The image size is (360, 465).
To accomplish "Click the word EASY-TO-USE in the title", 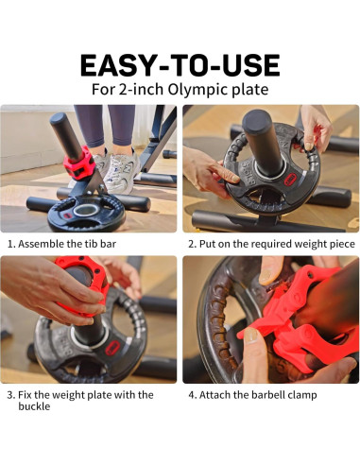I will (x=180, y=65).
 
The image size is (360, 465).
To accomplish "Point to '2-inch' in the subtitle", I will (x=148, y=91).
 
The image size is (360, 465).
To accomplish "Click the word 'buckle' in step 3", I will (x=37, y=407).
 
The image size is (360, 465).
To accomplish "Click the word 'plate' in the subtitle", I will (x=250, y=91).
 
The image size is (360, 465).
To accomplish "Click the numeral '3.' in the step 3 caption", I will (x=11, y=394).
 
